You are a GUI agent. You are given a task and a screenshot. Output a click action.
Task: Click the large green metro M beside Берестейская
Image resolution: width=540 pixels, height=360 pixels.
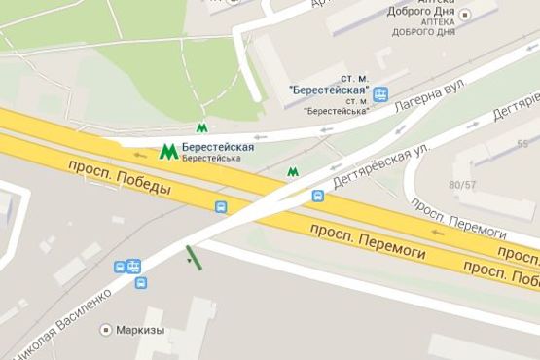(x=168, y=152)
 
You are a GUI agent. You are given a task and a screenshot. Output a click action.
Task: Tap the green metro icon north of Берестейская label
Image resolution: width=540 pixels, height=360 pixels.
(x=202, y=126)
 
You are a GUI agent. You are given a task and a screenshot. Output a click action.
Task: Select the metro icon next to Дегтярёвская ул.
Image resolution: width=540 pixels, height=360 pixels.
(x=292, y=172)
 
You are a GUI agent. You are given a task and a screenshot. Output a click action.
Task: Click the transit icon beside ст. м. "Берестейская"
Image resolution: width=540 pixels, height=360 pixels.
(x=380, y=94)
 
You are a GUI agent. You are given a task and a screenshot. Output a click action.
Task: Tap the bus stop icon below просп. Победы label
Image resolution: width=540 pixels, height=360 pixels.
(x=222, y=207)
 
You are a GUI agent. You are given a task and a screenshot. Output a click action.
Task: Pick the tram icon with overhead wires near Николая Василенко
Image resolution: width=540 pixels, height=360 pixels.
(x=133, y=265)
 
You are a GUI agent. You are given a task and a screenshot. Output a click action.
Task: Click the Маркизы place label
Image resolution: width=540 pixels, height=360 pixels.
(x=140, y=330)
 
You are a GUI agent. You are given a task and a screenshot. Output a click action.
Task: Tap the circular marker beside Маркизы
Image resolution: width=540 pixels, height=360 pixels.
(x=106, y=330)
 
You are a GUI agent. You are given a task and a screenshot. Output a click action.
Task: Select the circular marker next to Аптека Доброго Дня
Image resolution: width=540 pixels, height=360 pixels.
(x=465, y=15)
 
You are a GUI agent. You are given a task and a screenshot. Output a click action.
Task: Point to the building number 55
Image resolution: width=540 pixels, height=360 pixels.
(x=522, y=144)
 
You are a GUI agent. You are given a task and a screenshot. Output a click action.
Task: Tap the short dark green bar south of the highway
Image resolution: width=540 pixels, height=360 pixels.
(x=194, y=257)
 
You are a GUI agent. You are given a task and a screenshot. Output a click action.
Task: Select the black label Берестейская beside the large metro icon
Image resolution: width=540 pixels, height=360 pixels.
(x=218, y=147)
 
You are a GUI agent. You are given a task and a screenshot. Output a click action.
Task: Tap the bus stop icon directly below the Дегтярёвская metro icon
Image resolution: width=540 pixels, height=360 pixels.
(x=317, y=196)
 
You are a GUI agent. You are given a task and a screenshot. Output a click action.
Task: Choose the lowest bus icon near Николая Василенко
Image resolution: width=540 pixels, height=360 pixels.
(x=141, y=283)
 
